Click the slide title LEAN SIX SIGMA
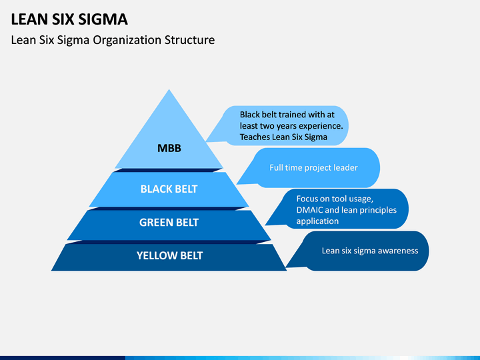click(69, 19)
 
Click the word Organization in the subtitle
click(127, 40)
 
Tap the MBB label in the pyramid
click(169, 148)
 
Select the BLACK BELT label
click(169, 189)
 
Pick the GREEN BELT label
click(169, 222)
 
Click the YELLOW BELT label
click(169, 255)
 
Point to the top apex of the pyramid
click(169, 89)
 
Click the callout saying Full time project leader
click(309, 168)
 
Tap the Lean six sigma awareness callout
click(357, 251)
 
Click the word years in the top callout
click(287, 126)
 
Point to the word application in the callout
click(317, 221)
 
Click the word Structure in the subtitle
click(189, 40)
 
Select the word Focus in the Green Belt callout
click(307, 199)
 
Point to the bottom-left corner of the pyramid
click(51, 271)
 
